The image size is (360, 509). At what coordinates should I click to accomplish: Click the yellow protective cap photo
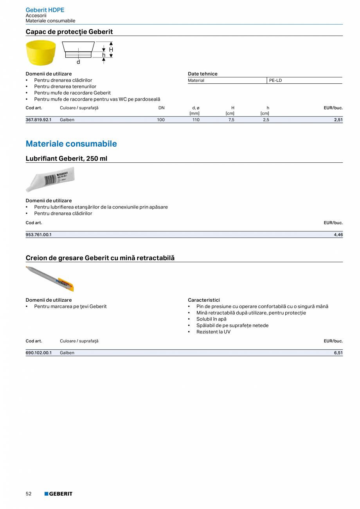click(41, 52)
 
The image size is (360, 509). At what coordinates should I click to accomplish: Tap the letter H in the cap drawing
click(111, 50)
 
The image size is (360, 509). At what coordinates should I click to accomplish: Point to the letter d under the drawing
click(78, 62)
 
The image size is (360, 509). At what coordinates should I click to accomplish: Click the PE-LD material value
click(275, 81)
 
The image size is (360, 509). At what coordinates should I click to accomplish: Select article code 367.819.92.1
click(39, 120)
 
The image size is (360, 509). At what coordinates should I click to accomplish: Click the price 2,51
click(338, 120)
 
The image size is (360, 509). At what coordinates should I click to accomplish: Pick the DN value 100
click(161, 120)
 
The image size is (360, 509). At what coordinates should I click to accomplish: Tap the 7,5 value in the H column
click(231, 120)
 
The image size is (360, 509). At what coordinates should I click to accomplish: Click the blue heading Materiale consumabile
click(71, 144)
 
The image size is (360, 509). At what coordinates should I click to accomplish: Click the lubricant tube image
click(50, 179)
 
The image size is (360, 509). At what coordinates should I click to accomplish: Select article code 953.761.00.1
click(39, 235)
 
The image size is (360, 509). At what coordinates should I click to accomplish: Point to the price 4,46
click(338, 235)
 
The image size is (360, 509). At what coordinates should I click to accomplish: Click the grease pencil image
click(50, 279)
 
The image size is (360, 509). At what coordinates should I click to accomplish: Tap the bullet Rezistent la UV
click(213, 332)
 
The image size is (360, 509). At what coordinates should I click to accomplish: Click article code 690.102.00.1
click(39, 353)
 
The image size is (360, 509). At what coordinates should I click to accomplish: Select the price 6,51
click(338, 353)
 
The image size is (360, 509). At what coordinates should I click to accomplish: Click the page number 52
click(29, 494)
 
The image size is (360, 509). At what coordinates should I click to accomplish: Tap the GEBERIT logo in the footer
click(58, 494)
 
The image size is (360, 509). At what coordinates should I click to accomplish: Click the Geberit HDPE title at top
click(45, 10)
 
